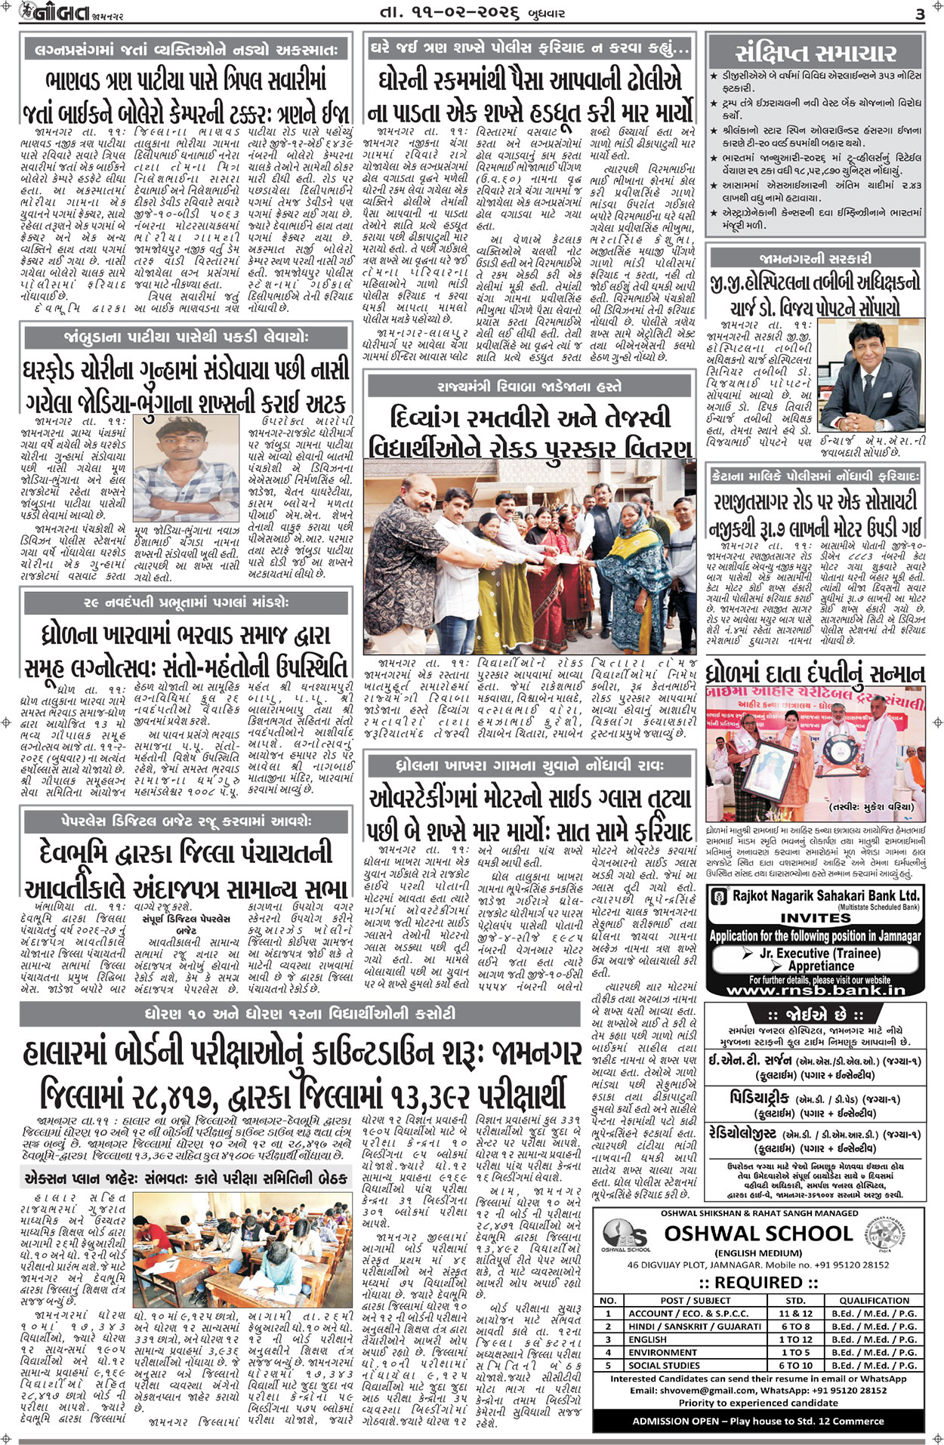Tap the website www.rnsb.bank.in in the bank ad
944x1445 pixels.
tap(815, 990)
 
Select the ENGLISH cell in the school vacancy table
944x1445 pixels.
tap(647, 1339)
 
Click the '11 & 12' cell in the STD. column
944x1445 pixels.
tap(795, 1314)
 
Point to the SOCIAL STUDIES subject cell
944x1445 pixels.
tap(664, 1365)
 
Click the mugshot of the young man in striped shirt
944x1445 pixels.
tap(187, 470)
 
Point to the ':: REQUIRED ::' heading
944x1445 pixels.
tap(759, 1283)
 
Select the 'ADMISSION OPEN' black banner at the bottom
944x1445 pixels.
tap(758, 1421)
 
